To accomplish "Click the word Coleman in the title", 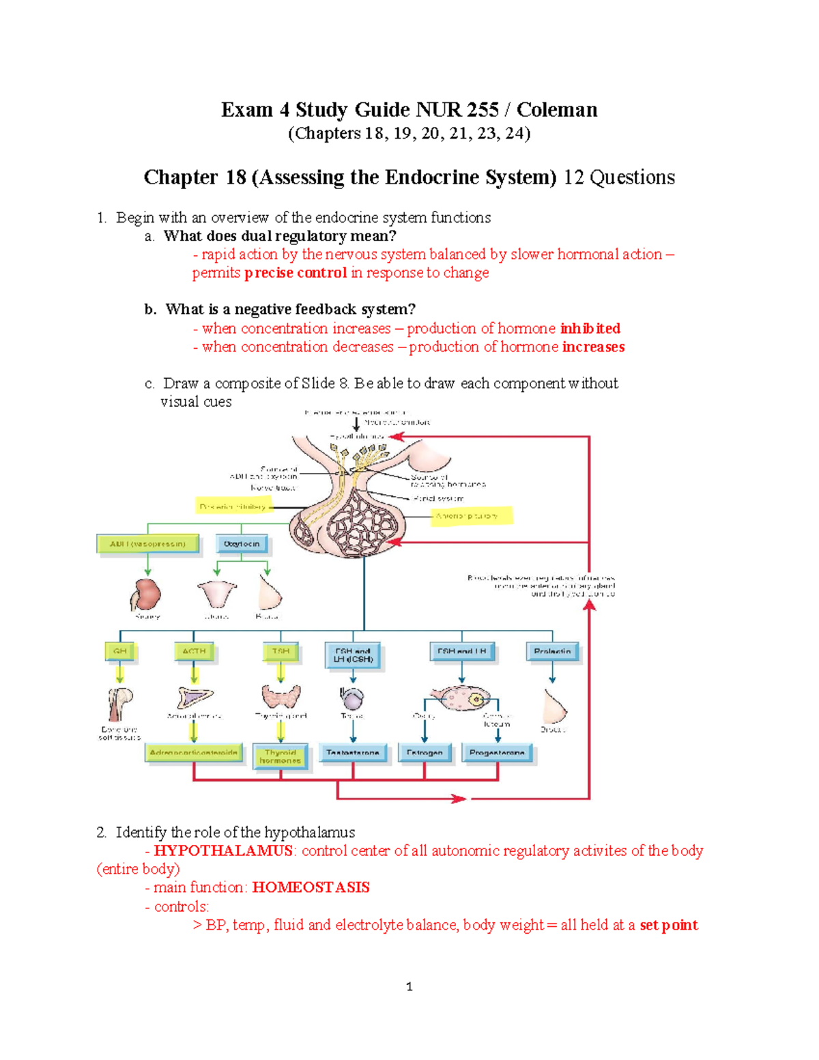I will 556,110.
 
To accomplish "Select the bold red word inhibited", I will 590,328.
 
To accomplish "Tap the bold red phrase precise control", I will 296,273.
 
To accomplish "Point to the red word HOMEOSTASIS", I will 311,887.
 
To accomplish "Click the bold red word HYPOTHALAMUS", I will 223,850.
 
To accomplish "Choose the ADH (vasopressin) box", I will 148,544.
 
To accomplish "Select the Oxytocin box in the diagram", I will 242,544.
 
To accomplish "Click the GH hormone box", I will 120,651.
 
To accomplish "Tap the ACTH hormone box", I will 194,651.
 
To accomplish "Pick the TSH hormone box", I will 281,651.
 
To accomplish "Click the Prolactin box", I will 552,651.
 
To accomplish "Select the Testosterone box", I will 353,753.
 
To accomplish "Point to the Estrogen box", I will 425,753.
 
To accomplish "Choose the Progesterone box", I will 498,753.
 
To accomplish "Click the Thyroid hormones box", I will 280,756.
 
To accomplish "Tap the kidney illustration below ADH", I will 146,594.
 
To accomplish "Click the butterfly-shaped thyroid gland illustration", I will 281,698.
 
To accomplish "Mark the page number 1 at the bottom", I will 409,986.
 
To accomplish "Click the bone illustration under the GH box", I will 120,703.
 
